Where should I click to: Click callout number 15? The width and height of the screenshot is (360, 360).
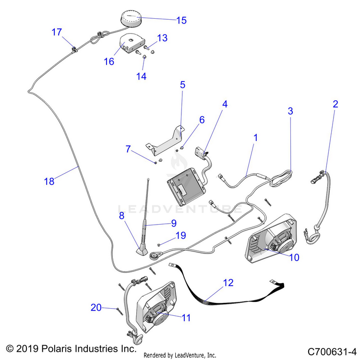click(x=181, y=20)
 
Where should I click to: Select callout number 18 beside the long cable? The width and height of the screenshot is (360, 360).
click(x=48, y=181)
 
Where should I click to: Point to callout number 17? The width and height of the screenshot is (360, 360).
click(x=57, y=32)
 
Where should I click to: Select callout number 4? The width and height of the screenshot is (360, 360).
click(x=225, y=104)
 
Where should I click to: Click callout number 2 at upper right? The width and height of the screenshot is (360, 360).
click(x=335, y=104)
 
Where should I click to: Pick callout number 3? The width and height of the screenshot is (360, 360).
click(x=290, y=111)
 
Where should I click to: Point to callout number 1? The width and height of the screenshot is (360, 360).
click(x=255, y=137)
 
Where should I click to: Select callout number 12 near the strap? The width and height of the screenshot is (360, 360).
click(x=228, y=283)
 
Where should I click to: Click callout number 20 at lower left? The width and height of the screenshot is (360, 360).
click(x=96, y=308)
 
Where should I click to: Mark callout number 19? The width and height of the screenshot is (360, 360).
click(x=180, y=235)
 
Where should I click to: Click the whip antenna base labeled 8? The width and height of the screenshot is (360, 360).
click(x=143, y=249)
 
